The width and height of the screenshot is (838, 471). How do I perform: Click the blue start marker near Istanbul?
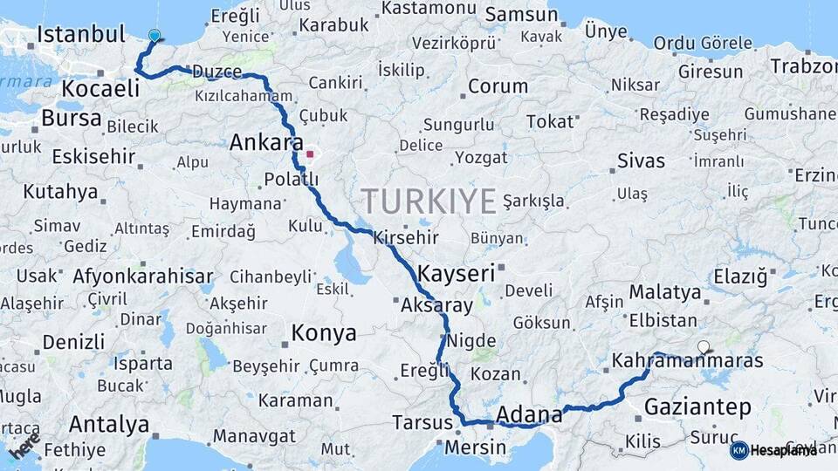click(x=155, y=36)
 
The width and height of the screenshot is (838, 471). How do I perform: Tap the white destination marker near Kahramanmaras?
click(x=704, y=347)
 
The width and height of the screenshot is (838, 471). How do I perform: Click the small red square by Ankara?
click(x=309, y=154)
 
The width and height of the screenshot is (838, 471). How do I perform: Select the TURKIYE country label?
click(x=429, y=201)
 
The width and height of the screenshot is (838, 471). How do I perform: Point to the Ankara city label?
click(x=266, y=143)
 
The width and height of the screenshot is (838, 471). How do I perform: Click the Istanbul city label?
click(x=82, y=35)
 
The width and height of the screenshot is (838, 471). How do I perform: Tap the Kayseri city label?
click(x=457, y=272)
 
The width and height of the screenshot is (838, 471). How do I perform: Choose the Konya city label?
click(x=324, y=332)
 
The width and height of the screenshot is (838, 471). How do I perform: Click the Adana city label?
click(x=529, y=413)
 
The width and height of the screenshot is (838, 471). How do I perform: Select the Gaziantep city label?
click(x=697, y=406)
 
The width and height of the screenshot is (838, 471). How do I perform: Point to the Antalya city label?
click(x=109, y=425)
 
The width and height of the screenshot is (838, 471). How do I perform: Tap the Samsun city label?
click(x=521, y=14)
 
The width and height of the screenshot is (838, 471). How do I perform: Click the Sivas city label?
click(x=641, y=160)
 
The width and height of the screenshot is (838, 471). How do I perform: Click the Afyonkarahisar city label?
click(x=143, y=277)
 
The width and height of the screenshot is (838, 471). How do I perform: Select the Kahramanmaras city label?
click(x=687, y=360)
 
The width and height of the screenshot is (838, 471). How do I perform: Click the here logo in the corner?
click(x=24, y=446)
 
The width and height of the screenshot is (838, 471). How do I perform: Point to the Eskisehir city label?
click(x=93, y=157)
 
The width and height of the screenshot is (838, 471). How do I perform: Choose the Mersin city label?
click(x=476, y=447)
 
